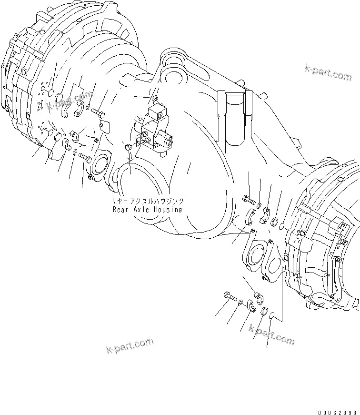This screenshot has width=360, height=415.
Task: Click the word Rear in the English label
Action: (x=120, y=209)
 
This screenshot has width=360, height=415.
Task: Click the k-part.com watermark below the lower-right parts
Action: (x=271, y=335)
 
